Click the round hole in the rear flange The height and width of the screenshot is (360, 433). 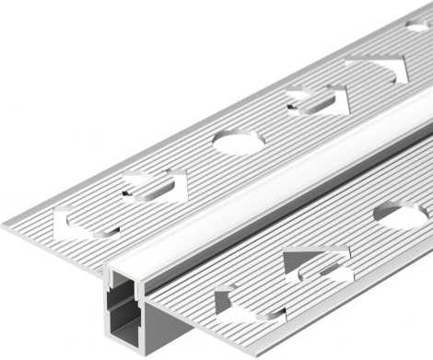tap(239, 141)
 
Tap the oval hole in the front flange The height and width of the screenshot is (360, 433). tap(401, 216)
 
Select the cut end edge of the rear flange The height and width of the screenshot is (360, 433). tap(55, 249)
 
